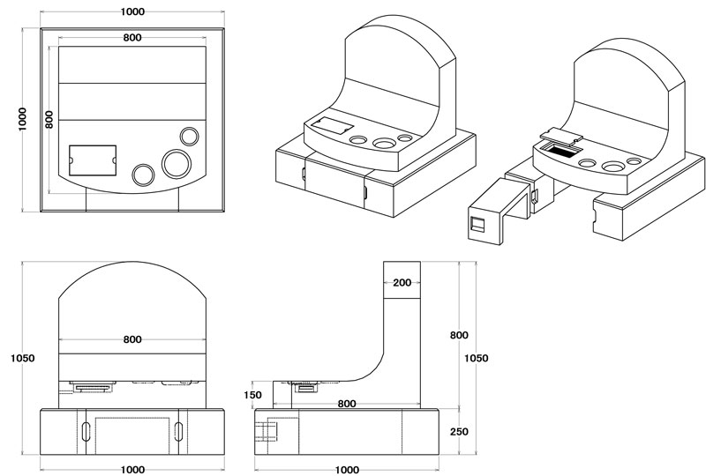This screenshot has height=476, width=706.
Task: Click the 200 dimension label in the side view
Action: click(402, 283)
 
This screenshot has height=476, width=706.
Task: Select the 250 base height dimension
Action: click(459, 431)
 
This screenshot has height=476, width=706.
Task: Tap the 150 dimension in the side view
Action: click(252, 395)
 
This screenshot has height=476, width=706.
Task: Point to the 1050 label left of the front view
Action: click(23, 358)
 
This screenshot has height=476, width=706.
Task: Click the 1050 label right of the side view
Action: click(477, 358)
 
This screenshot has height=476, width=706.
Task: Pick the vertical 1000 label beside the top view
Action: click(23, 119)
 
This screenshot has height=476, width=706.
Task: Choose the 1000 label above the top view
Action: click(133, 11)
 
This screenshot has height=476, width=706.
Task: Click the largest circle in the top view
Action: click(176, 164)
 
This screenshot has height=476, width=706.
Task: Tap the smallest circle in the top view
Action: click(189, 137)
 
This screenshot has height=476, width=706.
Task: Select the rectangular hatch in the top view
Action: click(93, 160)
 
